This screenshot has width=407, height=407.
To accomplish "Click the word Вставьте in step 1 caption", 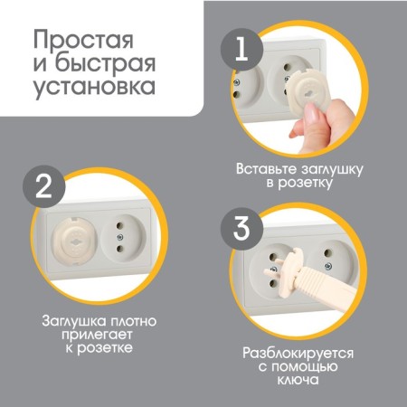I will point(265,168).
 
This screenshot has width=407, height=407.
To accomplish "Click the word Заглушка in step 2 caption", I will point(75,320).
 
